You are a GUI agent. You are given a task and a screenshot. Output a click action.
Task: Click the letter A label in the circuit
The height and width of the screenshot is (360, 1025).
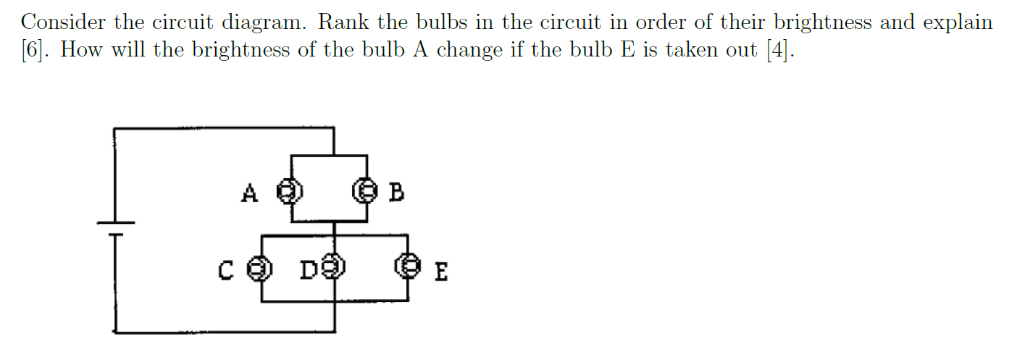[249, 193]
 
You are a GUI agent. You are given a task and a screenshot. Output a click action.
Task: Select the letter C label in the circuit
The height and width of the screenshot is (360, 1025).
[225, 271]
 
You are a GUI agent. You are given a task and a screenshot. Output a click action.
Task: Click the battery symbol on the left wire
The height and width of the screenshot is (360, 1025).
[114, 227]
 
